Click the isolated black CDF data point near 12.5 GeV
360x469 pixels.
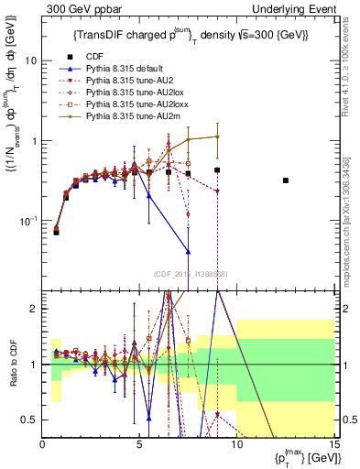(x=286, y=180)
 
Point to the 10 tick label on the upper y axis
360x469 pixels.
(x=31, y=60)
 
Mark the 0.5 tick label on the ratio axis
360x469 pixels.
(x=29, y=420)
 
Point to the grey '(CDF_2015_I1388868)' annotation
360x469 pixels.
(x=190, y=274)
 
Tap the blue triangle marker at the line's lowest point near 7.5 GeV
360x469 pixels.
(x=188, y=251)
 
